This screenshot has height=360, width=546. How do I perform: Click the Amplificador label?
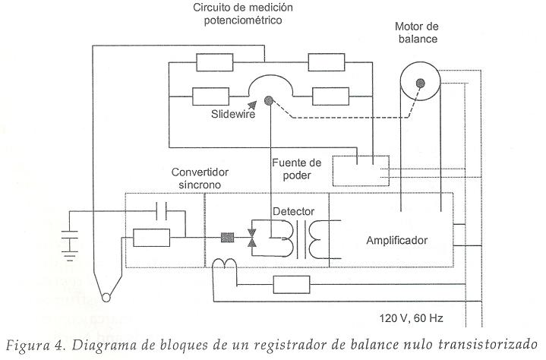(396, 240)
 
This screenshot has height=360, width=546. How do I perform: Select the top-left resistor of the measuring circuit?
(219, 62)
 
